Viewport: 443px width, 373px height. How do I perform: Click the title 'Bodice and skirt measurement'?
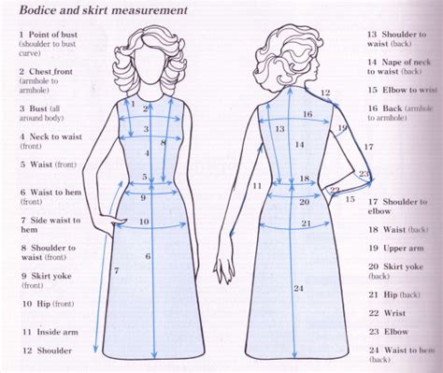(x=100, y=12)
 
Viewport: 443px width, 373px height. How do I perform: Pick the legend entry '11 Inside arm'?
(x=47, y=331)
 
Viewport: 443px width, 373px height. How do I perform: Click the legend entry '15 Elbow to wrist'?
(x=401, y=91)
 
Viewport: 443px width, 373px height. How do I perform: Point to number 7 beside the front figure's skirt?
(x=115, y=270)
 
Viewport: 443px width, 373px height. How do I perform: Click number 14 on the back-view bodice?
(x=298, y=145)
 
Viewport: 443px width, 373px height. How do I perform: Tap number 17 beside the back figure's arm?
(x=368, y=147)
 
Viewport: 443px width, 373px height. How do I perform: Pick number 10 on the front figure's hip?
(x=144, y=222)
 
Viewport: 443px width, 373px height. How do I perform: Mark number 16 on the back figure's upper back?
(x=307, y=114)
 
